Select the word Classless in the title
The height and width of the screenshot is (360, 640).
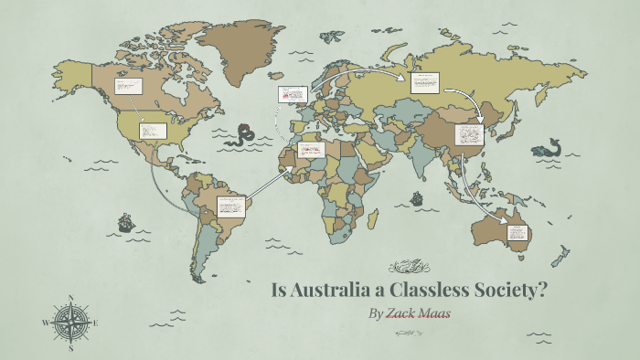tap(429, 291)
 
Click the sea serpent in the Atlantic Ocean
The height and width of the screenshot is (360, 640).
tap(241, 137)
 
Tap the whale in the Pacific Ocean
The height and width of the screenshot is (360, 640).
tap(549, 149)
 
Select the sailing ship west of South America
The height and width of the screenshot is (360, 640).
tap(124, 222)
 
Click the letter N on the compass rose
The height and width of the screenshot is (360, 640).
tap(70, 298)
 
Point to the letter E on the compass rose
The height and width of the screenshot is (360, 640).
tap(96, 323)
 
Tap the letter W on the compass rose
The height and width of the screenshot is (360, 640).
tap(45, 323)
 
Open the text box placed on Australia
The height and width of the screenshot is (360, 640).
tap(516, 231)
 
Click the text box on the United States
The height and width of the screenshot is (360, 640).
tap(150, 130)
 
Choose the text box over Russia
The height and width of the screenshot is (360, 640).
tap(424, 83)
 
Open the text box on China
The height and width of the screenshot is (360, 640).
tap(468, 134)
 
